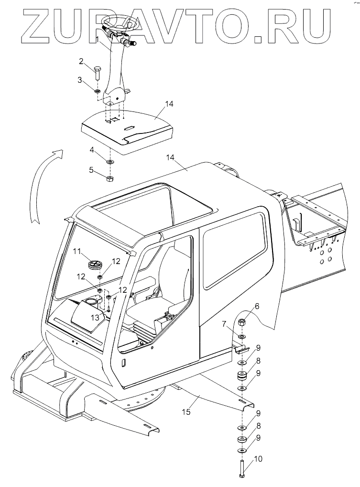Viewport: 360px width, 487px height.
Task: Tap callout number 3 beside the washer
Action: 81,79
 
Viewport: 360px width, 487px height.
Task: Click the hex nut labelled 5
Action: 109,179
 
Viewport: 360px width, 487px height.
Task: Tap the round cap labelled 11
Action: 95,264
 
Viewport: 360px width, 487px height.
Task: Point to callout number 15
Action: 188,411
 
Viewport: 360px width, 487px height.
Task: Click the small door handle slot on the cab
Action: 123,363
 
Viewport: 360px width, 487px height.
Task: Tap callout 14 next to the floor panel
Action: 168,103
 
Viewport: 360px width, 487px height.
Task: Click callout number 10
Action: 258,459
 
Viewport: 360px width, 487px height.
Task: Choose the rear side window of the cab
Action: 234,254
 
